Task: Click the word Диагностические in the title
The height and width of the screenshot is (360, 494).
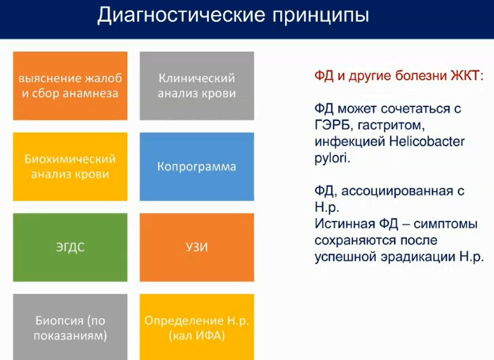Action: (181, 15)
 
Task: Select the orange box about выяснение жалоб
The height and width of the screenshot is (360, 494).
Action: (70, 86)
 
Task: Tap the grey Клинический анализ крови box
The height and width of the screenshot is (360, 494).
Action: (197, 86)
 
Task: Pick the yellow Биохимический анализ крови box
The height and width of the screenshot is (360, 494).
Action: (70, 167)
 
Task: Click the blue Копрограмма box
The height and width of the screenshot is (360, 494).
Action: (197, 167)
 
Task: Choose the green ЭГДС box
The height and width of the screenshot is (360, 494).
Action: (70, 247)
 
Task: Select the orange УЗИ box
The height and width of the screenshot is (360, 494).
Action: (197, 247)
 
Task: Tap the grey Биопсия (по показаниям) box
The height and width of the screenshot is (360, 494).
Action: (70, 327)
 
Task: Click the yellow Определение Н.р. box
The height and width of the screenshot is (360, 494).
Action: (197, 327)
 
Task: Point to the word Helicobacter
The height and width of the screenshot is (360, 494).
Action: (427, 141)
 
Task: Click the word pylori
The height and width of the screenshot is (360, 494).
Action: (332, 158)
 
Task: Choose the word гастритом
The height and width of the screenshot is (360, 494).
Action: (391, 125)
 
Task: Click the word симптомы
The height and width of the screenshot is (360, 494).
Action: (445, 224)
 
